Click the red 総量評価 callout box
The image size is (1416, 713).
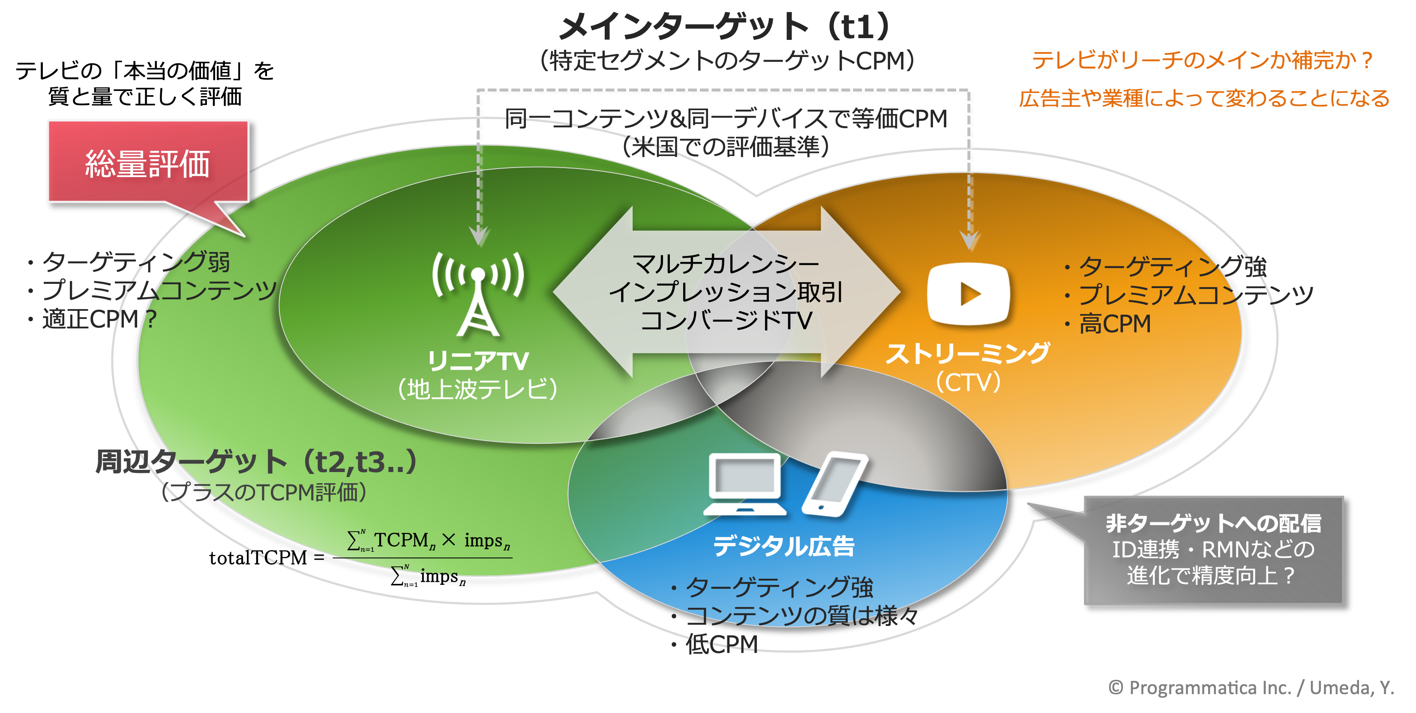tap(148, 162)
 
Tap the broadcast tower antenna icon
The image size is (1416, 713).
tap(478, 294)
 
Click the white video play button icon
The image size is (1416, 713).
tap(969, 294)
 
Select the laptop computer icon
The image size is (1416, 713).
tap(745, 484)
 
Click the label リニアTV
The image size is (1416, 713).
tap(478, 361)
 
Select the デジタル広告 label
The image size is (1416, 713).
tap(784, 546)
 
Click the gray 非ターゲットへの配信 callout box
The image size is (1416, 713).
tap(1213, 550)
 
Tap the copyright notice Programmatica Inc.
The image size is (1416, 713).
tap(1251, 688)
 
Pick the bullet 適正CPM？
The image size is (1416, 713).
tap(99, 319)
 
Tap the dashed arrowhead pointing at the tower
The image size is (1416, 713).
tap(479, 236)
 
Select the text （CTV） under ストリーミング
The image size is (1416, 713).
tap(968, 382)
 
